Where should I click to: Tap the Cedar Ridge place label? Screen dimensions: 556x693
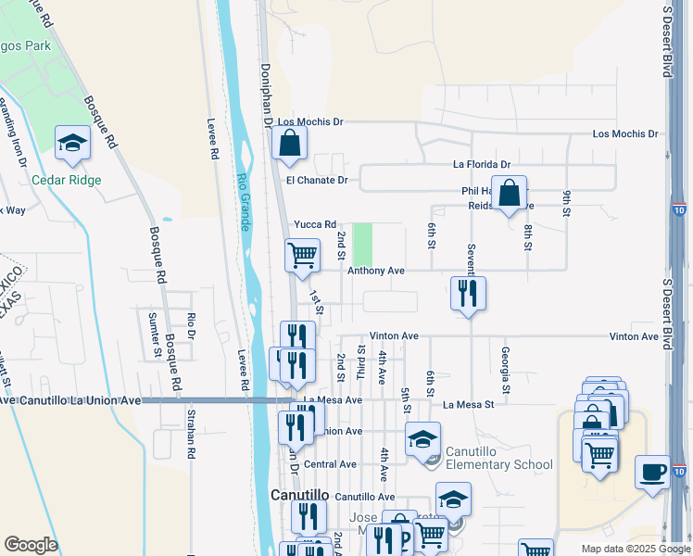tap(67, 180)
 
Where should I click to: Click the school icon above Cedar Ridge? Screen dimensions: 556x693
tap(71, 145)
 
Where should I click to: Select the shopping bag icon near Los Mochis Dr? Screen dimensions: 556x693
tap(290, 144)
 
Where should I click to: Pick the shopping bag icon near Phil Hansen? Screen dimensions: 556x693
tap(509, 195)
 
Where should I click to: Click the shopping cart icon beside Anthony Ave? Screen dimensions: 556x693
tap(303, 257)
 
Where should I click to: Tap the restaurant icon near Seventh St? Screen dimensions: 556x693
tap(468, 294)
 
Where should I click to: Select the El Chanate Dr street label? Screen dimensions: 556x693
tap(317, 181)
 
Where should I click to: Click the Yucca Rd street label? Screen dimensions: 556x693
tap(314, 224)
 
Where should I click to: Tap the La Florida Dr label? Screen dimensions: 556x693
tap(481, 164)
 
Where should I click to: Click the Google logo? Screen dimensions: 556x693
tap(31, 545)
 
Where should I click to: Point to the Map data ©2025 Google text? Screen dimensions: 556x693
tap(635, 549)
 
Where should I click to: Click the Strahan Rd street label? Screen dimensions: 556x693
tap(192, 433)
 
